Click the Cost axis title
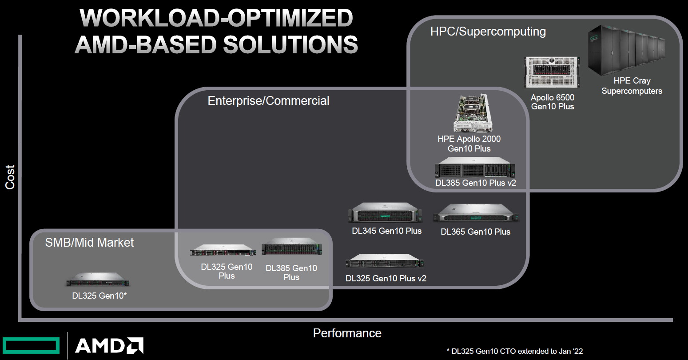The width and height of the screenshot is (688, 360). click(x=10, y=177)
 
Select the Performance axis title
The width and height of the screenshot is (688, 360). click(x=347, y=333)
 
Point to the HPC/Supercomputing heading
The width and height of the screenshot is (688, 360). click(x=488, y=32)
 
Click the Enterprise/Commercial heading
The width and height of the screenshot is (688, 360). click(x=268, y=101)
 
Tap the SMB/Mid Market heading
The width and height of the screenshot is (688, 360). click(x=89, y=242)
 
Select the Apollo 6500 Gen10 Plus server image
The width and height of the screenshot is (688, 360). click(x=552, y=72)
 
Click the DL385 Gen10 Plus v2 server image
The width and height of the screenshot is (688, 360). click(x=475, y=168)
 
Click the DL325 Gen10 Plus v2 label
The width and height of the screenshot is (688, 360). click(x=386, y=279)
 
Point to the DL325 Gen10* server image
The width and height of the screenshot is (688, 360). click(x=99, y=280)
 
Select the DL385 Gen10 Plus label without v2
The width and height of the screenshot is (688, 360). click(x=291, y=272)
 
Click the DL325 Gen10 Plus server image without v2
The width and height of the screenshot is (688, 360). click(x=223, y=251)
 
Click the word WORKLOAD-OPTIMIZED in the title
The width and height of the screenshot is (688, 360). click(x=216, y=19)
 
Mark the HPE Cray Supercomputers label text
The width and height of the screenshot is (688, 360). click(x=632, y=86)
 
